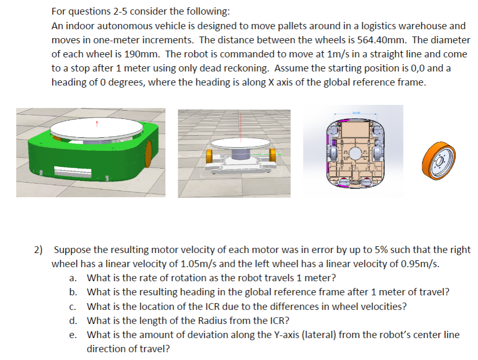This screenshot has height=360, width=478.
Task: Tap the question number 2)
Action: click(39, 250)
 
